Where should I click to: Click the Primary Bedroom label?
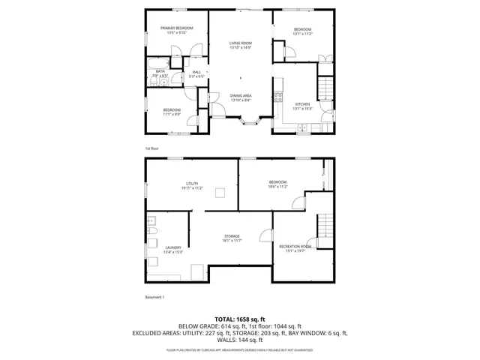173,31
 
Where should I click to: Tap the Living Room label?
240,46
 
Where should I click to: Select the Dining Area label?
240,97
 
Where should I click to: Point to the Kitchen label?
302,106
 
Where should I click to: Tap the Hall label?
196,73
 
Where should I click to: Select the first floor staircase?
325,91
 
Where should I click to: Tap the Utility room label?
192,185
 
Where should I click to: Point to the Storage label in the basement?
232,238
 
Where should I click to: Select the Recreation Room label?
295,248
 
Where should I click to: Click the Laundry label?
173,250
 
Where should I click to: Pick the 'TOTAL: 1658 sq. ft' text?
240,319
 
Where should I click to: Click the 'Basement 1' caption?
154,297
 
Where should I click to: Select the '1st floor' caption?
151,148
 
